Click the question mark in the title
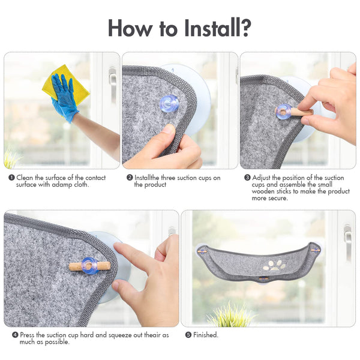coord(245,28)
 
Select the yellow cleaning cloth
coord(67,85)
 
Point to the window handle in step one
coord(113,85)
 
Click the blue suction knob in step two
coord(169,104)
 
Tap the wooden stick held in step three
coord(298,112)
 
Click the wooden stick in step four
coord(89,266)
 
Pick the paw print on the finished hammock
coord(275,265)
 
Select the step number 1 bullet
coord(11,178)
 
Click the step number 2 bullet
coord(130,178)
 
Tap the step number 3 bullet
coord(247,178)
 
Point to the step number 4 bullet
coord(15,335)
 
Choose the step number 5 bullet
coord(188,335)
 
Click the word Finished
coord(205,335)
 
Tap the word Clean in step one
coord(25,178)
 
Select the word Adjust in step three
coord(261,178)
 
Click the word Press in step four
coord(27,335)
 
